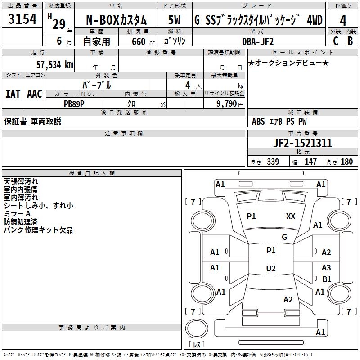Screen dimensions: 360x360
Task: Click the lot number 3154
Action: tap(22, 18)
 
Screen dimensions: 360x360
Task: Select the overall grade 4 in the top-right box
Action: tap(343, 21)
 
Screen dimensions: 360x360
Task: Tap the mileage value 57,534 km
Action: tap(55, 65)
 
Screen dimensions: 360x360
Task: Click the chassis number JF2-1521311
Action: tap(302, 143)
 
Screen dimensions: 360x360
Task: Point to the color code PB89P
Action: tap(74, 104)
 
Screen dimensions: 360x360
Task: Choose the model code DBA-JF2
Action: tap(257, 41)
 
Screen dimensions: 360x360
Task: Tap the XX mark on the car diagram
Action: tap(291, 216)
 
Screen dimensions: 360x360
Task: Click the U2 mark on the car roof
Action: tap(271, 268)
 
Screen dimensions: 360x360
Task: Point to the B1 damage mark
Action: tap(327, 279)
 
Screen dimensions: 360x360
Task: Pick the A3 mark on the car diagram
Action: tap(326, 267)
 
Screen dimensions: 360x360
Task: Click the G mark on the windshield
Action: tap(284, 237)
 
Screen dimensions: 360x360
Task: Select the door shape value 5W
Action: tap(174, 20)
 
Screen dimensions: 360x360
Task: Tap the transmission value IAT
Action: tap(13, 94)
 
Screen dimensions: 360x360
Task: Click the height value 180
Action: tap(346, 162)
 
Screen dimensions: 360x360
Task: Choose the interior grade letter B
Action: tap(350, 41)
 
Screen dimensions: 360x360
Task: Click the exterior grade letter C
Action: tap(336, 41)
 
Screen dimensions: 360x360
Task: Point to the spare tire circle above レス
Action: tap(197, 328)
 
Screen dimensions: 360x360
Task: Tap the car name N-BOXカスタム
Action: tap(117, 20)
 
